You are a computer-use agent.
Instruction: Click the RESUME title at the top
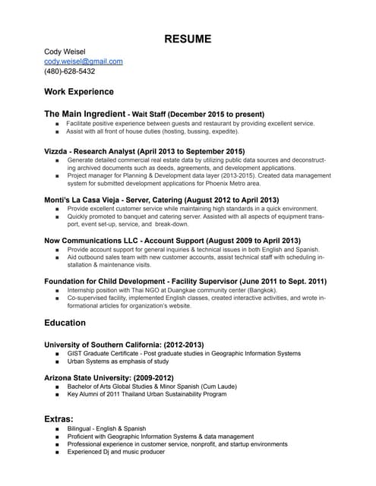[x=188, y=39]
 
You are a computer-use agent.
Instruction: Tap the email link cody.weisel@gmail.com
[x=83, y=62]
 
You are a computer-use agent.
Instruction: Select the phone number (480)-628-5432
[x=69, y=71]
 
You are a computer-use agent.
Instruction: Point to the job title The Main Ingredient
[x=83, y=113]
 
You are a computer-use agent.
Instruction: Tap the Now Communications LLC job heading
[x=96, y=240]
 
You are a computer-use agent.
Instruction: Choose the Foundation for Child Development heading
[x=114, y=281]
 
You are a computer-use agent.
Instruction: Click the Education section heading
[x=65, y=323]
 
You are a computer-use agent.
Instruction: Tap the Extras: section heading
[x=58, y=418]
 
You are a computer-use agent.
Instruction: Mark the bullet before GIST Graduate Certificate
[x=58, y=354]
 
